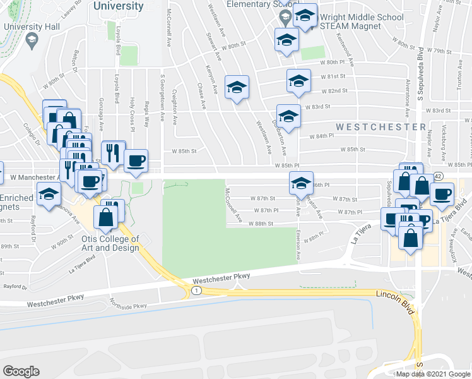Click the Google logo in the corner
point(21,371)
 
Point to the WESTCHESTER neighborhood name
point(381,127)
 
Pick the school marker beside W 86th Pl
point(301,183)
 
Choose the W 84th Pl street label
point(321,136)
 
